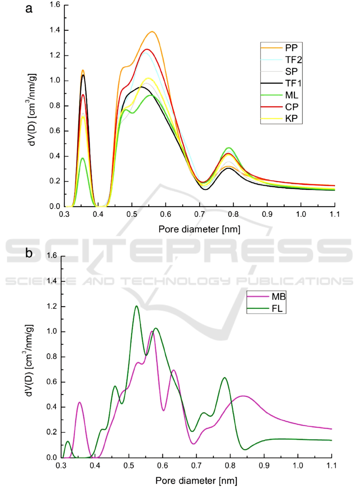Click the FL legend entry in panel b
pos(276,309)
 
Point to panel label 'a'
pos(29,9)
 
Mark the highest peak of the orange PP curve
pos(152,32)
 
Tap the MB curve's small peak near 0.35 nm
pos(80,402)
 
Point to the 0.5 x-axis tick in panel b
pos(129,465)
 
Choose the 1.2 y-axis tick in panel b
pos(52,306)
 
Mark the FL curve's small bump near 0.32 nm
pos(68,441)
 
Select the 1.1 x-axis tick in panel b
pos(332,465)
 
